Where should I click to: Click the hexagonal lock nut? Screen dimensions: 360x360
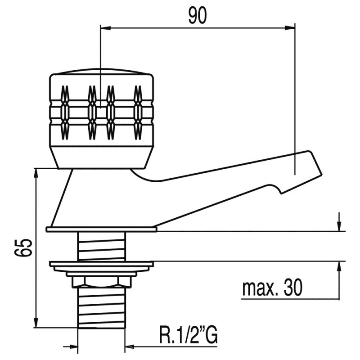101,282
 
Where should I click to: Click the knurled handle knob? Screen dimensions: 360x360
101,110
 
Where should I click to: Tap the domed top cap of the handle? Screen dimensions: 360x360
101,72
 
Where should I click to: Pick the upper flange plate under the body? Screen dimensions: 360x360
101,229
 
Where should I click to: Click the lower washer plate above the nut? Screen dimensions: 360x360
101,266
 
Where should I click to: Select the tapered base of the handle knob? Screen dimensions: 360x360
101,157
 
